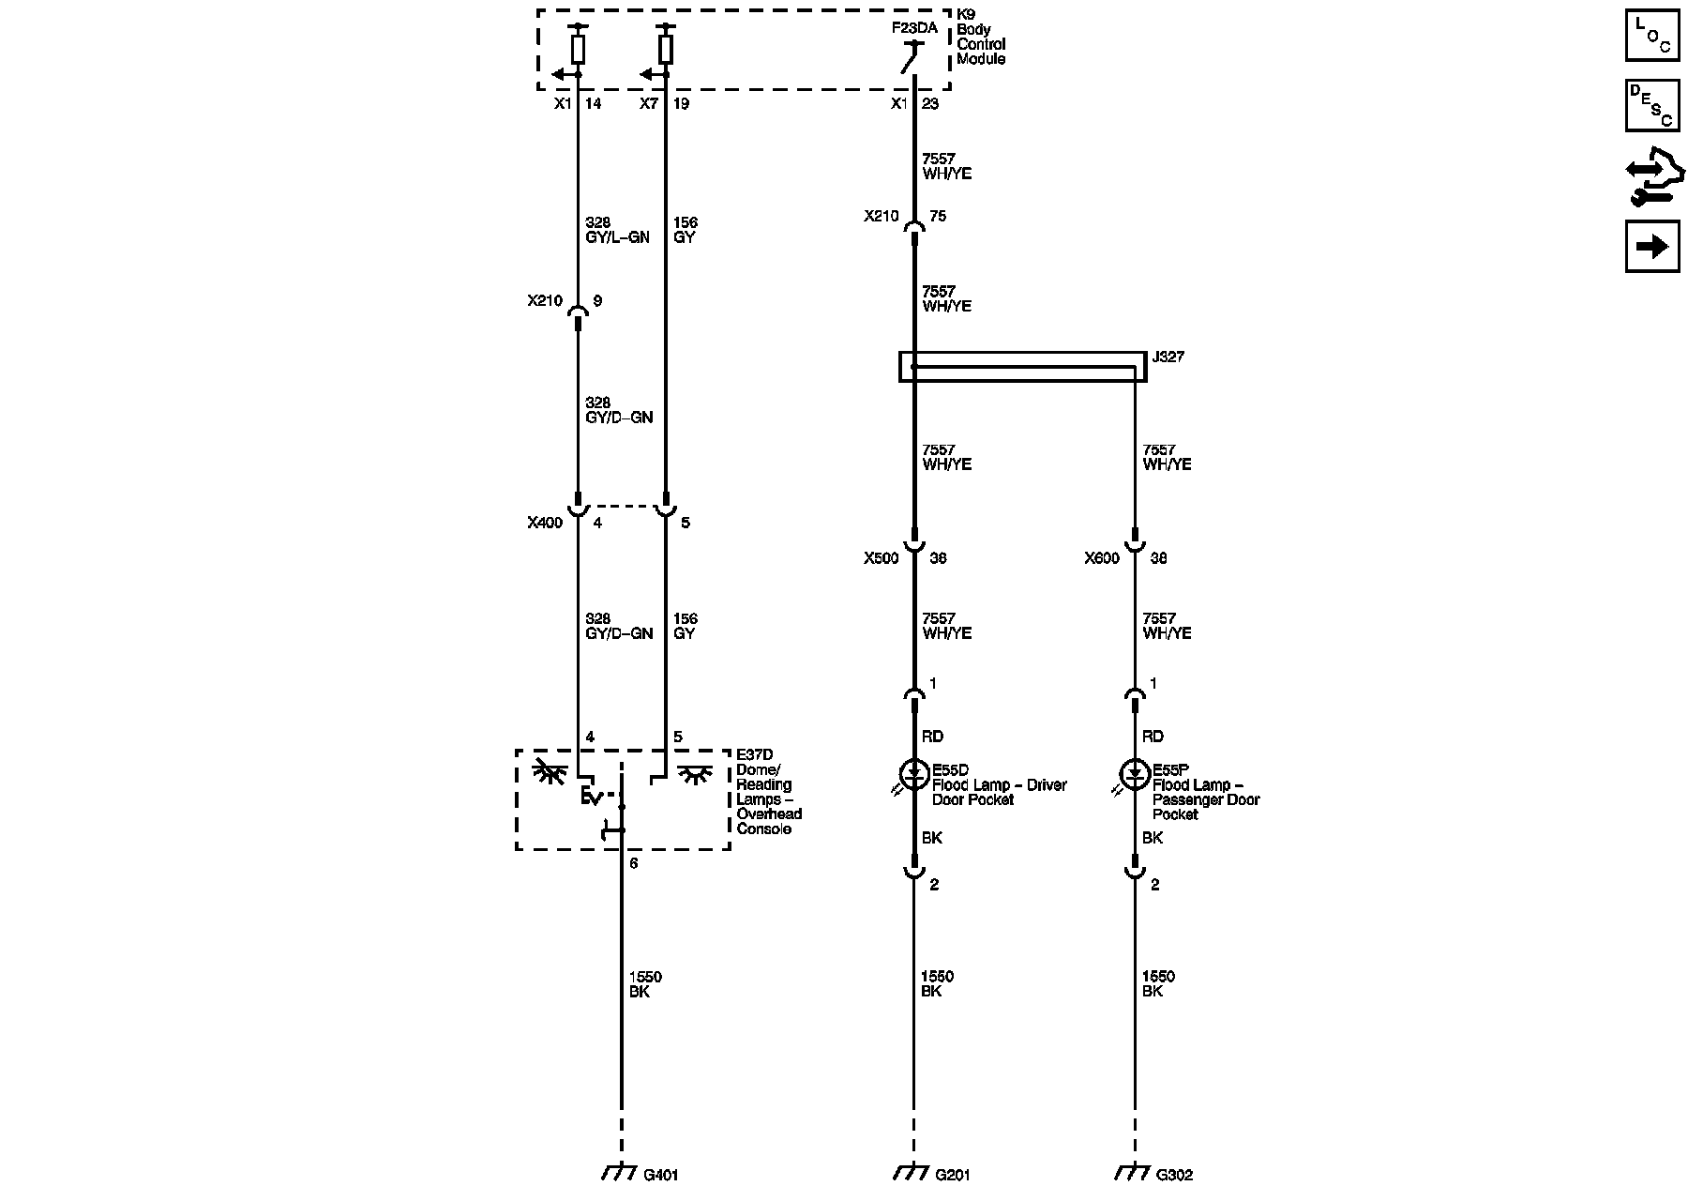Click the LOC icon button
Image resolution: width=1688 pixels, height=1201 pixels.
pos(1652,35)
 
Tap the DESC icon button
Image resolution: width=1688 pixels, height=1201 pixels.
pos(1652,105)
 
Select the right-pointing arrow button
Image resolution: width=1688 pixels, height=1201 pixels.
pos(1652,246)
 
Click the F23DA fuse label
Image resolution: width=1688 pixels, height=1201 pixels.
pos(913,28)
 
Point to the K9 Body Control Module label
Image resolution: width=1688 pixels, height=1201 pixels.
pos(981,44)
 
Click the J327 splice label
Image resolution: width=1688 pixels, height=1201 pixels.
pos(1168,357)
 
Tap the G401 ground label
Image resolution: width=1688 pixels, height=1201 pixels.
pos(660,1175)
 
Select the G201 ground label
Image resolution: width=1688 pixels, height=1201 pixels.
pos(953,1175)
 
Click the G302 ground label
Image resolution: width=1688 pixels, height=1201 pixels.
pos(1174,1175)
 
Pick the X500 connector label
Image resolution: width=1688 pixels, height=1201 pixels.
pos(881,558)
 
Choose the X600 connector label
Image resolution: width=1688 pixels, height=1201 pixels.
pos(1102,558)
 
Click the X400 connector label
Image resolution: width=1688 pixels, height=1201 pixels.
pos(545,523)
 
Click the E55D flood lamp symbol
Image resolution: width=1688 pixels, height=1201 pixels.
pos(913,775)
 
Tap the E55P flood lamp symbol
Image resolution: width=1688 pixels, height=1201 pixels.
pos(1135,775)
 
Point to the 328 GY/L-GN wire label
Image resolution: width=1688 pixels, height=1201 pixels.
pos(617,230)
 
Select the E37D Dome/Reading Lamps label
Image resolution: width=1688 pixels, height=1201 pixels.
pos(769,792)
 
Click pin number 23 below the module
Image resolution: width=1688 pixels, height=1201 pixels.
pos(930,103)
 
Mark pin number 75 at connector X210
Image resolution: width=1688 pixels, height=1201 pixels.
pos(938,216)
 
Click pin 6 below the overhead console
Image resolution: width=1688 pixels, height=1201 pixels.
pos(634,863)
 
